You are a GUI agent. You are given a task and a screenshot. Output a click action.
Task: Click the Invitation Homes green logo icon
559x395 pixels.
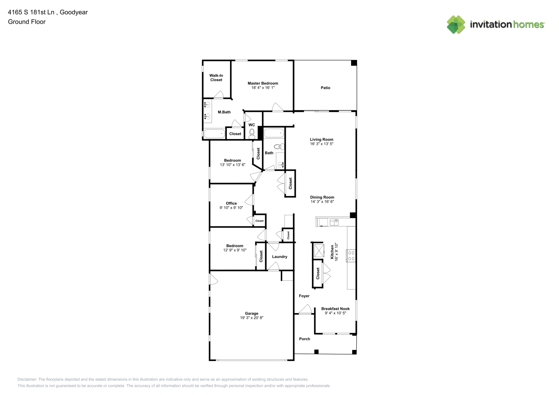coord(456,24)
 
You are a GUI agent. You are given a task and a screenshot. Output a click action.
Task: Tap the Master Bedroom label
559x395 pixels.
coord(263,83)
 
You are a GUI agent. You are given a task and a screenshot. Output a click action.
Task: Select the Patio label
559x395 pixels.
coord(325,88)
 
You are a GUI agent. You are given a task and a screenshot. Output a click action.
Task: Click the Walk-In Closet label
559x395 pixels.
coord(216,77)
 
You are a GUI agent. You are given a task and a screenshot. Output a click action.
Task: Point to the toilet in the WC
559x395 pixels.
coord(252,134)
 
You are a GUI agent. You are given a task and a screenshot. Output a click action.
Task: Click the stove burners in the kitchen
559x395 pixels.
coord(351,256)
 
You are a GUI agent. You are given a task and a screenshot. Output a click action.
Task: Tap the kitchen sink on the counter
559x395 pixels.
coord(334,222)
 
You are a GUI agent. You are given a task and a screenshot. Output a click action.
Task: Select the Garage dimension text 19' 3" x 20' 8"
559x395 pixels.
coord(251,318)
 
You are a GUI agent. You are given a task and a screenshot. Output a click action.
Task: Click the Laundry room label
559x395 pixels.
coord(279,257)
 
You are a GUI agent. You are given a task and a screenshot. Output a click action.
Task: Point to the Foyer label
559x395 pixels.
coord(304,296)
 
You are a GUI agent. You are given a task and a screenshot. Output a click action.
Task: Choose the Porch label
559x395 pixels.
coord(304,339)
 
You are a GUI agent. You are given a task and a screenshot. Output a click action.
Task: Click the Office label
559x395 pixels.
coord(231,203)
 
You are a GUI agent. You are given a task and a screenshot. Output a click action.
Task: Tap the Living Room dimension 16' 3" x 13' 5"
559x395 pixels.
coord(322,144)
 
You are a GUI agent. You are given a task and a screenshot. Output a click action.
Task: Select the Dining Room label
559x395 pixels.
coord(322,197)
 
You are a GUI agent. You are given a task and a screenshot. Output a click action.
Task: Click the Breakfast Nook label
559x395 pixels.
coord(335,309)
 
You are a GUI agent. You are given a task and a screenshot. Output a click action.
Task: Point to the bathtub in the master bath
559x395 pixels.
coord(214,134)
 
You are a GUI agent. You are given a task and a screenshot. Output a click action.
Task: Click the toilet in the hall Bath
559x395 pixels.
coord(279,147)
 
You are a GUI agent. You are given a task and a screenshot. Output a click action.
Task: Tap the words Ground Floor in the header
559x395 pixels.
coord(27,22)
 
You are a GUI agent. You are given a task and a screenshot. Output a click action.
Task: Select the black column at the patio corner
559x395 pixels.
coord(354,63)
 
